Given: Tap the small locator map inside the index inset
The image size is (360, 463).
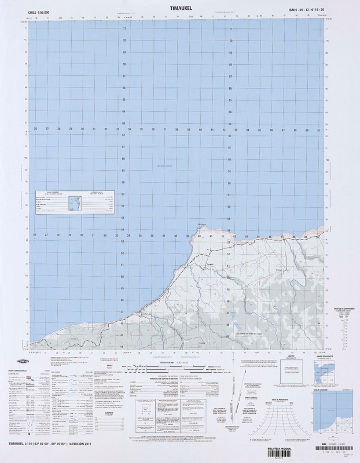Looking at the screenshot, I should coord(75,203).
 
